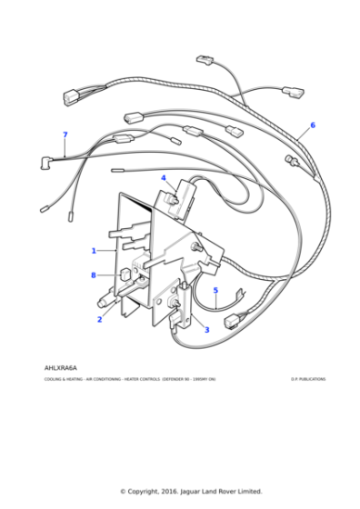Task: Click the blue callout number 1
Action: pyautogui.click(x=93, y=250)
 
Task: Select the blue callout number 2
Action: pyautogui.click(x=99, y=319)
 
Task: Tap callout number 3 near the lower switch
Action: pyautogui.click(x=206, y=329)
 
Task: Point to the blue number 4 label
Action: pyautogui.click(x=164, y=178)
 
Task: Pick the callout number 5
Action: pyautogui.click(x=215, y=291)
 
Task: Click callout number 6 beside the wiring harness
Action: pyautogui.click(x=313, y=125)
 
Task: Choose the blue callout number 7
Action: pyautogui.click(x=65, y=135)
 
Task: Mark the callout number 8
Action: pyautogui.click(x=93, y=274)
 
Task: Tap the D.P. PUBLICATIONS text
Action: pyautogui.click(x=307, y=379)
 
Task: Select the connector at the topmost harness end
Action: pyautogui.click(x=205, y=61)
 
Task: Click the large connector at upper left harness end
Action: pyautogui.click(x=73, y=95)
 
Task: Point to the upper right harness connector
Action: pyautogui.click(x=292, y=92)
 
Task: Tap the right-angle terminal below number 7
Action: pyautogui.click(x=42, y=165)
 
